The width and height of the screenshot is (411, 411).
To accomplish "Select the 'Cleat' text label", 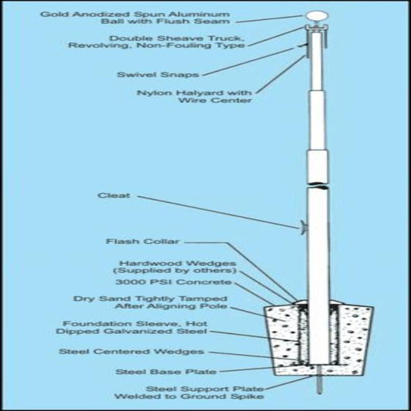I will (114, 196).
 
